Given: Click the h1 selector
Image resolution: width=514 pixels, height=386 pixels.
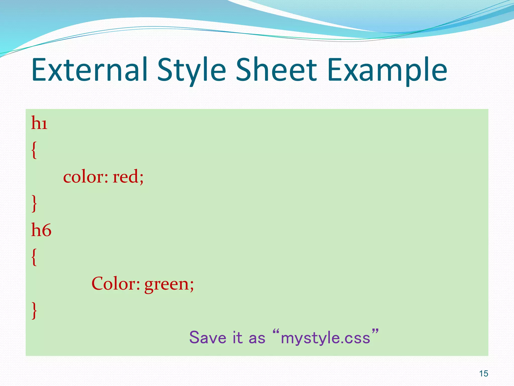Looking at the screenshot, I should click(39, 123).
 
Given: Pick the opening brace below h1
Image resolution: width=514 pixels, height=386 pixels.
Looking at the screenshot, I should click(34, 150).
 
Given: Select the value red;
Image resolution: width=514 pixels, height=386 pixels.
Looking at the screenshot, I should click(128, 177).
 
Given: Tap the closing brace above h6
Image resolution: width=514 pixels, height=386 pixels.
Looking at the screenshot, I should click(34, 204).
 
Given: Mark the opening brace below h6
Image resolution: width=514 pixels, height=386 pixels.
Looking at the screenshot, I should click(34, 257).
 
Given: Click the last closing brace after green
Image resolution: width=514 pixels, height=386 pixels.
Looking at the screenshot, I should click(34, 311).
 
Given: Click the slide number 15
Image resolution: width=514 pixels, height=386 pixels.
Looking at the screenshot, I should click(484, 374).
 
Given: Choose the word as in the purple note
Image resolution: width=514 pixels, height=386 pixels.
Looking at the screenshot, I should click(257, 338).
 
